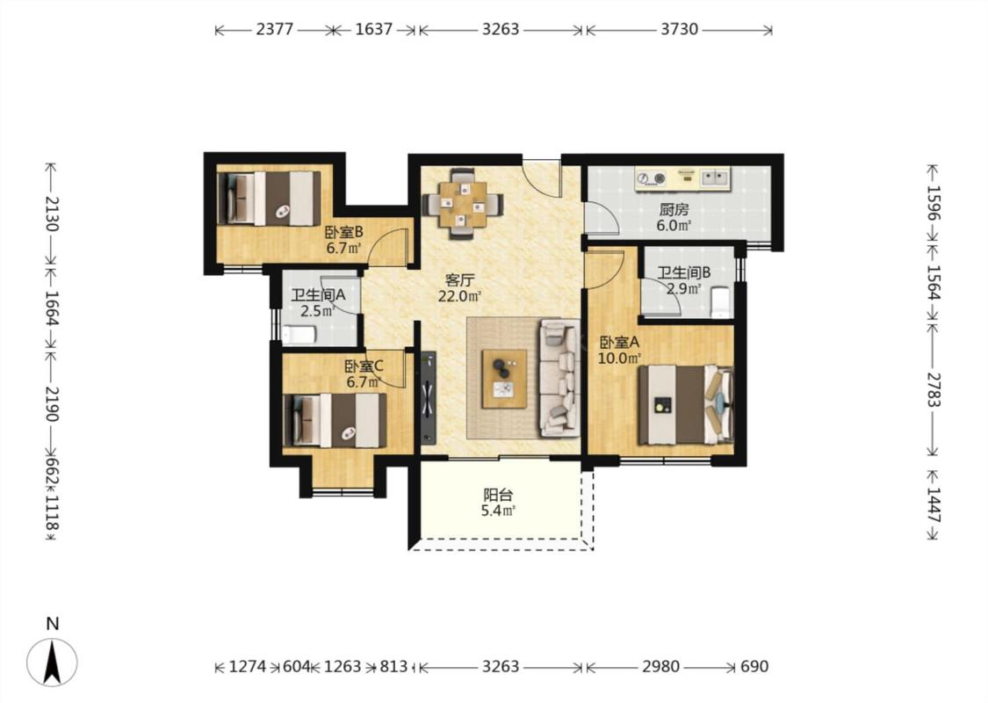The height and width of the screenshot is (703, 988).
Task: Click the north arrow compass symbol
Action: (52, 662)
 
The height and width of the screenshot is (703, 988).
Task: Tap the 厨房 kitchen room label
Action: (674, 208)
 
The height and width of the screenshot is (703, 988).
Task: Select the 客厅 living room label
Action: (459, 280)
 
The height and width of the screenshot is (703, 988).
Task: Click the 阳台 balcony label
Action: (497, 495)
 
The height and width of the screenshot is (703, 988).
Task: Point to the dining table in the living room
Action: (463, 204)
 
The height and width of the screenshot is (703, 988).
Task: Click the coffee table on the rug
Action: (504, 378)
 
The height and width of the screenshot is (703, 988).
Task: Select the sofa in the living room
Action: (559, 378)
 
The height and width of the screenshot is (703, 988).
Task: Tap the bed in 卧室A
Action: (686, 405)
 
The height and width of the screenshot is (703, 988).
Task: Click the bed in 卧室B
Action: (269, 198)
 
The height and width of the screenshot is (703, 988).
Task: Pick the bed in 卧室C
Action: (335, 421)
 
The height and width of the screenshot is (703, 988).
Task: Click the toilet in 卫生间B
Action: (719, 302)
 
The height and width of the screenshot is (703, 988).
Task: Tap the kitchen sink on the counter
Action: (715, 178)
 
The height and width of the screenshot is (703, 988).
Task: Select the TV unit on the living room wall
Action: (429, 398)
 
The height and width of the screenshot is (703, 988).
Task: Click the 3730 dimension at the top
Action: (679, 29)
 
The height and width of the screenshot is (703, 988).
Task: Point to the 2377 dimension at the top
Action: (275, 29)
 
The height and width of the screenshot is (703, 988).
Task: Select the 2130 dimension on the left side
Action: (51, 214)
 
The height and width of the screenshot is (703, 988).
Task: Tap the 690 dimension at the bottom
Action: (754, 666)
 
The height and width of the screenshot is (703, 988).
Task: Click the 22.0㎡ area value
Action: (460, 296)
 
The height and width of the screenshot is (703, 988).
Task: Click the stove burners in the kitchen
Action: (651, 178)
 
